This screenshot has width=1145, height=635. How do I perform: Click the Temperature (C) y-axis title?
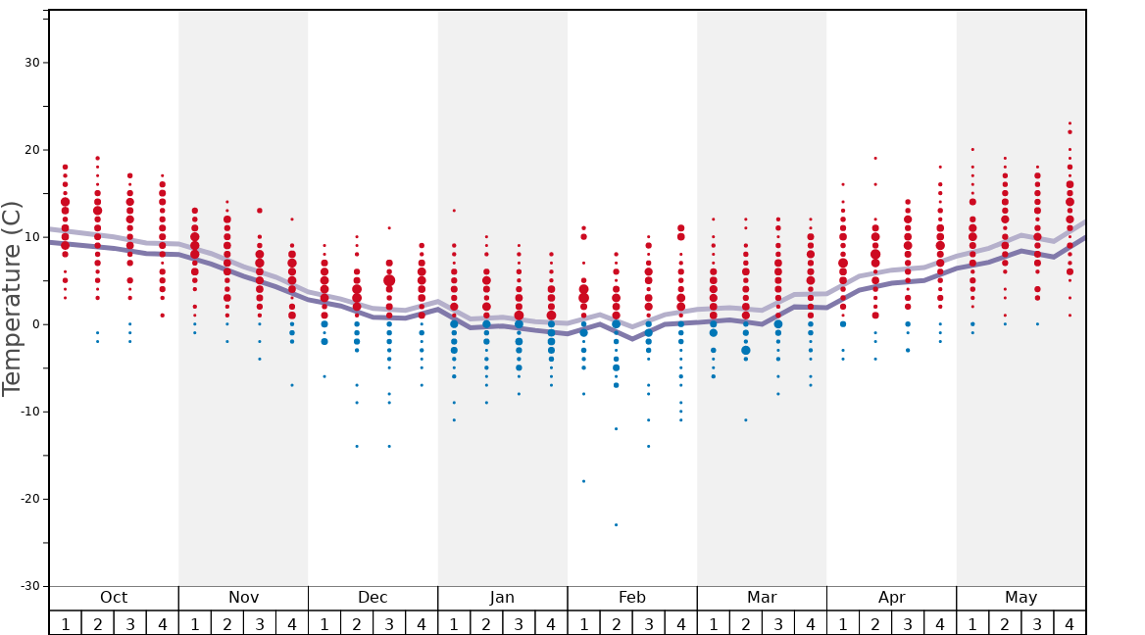pos(12,298)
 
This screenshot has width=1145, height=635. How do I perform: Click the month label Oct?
pos(114,598)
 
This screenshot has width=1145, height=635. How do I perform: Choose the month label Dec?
pos(373,598)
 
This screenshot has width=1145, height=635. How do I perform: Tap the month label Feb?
pos(632,598)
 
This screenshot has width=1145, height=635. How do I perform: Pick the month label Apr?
pos(891,598)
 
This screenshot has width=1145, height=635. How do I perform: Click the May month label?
pos(1021,598)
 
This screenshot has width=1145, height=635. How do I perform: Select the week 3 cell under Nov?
pos(260,623)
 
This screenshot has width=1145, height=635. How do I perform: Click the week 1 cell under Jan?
pos(454,623)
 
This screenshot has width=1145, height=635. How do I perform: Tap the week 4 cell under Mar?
pos(810,623)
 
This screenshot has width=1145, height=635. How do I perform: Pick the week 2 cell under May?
pos(1005,623)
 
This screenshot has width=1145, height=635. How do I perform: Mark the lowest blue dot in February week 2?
pos(616,524)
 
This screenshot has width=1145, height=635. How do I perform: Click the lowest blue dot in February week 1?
pos(583,481)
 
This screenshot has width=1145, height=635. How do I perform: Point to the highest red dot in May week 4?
pos(1070,123)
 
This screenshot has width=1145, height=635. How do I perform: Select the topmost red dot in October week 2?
pos(97,158)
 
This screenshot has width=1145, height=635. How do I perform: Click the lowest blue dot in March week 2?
pos(746,420)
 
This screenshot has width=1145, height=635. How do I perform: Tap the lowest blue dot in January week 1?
pos(454,420)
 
